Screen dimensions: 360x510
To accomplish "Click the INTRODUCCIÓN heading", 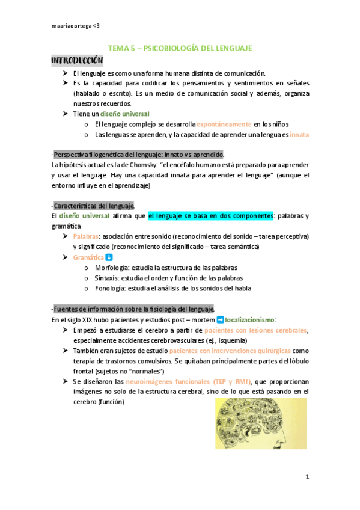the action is [x=77, y=61].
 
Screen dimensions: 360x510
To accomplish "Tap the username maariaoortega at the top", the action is [x=76, y=26].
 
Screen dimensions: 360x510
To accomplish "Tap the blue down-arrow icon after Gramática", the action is [x=109, y=257].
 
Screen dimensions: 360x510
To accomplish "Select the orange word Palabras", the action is [x=85, y=236].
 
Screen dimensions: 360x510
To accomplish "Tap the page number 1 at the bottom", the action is [x=307, y=477].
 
